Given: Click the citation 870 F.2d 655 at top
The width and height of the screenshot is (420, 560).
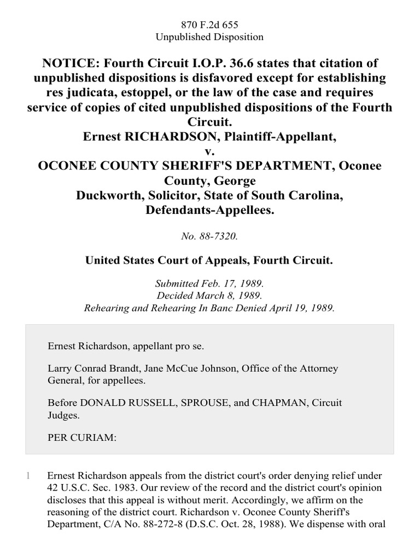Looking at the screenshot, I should click(210, 25).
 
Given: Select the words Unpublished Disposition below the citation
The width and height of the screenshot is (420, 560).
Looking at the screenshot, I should click(210, 37).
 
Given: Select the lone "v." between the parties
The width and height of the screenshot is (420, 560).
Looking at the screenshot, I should click(210, 150).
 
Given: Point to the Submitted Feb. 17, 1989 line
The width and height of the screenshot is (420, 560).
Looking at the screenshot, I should click(210, 285).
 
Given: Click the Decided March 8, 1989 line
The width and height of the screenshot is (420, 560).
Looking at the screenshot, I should click(210, 296).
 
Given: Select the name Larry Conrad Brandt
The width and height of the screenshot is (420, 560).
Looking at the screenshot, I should click(93, 369).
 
